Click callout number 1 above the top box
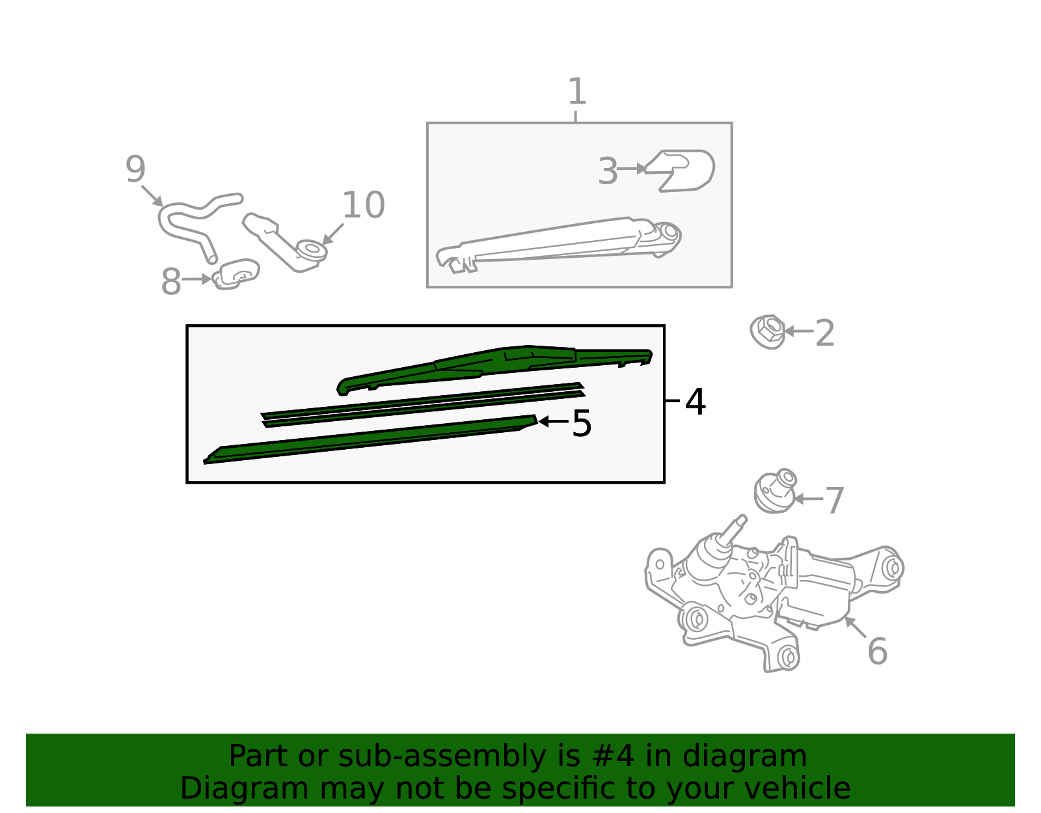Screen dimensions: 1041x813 click(x=577, y=92)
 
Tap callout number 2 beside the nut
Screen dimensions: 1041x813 click(x=824, y=333)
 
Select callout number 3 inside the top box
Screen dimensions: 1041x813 click(x=608, y=171)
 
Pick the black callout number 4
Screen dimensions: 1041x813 click(x=695, y=402)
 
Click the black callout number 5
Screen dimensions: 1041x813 click(x=582, y=423)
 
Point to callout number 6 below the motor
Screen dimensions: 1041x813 click(x=877, y=651)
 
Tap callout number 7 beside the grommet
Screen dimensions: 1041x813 click(x=835, y=501)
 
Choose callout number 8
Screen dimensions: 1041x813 click(x=171, y=281)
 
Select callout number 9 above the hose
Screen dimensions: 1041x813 click(x=135, y=169)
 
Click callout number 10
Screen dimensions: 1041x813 click(x=363, y=204)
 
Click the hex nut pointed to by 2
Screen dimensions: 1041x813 click(x=768, y=331)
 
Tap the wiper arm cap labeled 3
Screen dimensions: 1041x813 click(x=681, y=171)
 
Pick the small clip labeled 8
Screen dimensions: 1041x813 click(x=236, y=274)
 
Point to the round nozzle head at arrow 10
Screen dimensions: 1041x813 click(x=312, y=250)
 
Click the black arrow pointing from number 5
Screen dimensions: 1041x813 click(x=553, y=422)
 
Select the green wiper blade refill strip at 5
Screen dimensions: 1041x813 click(x=370, y=439)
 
